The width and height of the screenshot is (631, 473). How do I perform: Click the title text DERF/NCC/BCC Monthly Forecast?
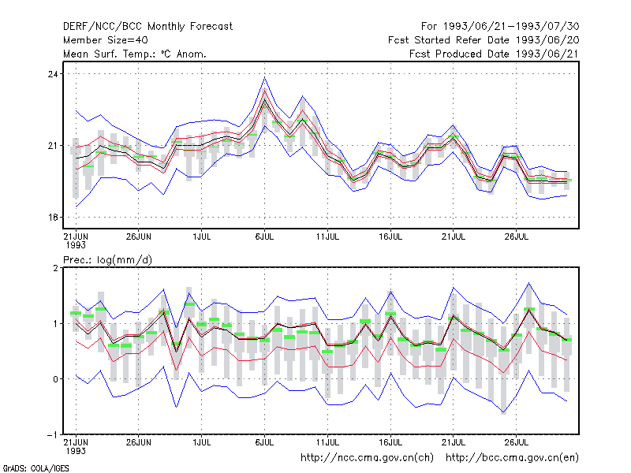coord(147,27)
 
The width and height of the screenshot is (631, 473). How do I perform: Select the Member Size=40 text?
coord(106,40)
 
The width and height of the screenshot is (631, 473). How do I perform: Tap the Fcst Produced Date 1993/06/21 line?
coord(495,54)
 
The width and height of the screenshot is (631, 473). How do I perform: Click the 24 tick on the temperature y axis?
coord(53,74)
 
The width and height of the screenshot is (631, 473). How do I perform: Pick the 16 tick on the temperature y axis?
coord(53,218)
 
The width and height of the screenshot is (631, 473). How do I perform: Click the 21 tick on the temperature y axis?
coord(53,146)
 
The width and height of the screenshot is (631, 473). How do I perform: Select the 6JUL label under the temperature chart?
coord(264,236)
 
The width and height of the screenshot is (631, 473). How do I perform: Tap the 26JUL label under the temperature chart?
coord(517,236)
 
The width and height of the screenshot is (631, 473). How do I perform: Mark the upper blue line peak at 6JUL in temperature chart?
coord(264,77)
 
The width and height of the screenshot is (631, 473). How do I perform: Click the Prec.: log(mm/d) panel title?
coord(107,260)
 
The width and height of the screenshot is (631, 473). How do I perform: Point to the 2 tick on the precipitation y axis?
coord(55,268)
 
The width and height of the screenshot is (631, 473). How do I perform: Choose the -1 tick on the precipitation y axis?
coord(53,435)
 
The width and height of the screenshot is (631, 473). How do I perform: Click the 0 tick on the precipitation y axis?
coord(55,379)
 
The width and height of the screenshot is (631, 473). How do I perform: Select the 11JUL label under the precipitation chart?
coord(327,442)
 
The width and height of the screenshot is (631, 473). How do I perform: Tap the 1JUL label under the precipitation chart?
coord(202,442)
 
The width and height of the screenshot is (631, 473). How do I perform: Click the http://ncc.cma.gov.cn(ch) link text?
coord(367,458)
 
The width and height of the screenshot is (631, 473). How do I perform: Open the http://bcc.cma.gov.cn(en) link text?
coord(512,458)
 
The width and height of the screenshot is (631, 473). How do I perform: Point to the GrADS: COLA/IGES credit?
coord(35,468)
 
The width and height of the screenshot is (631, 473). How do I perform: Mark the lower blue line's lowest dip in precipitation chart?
coord(504,413)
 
